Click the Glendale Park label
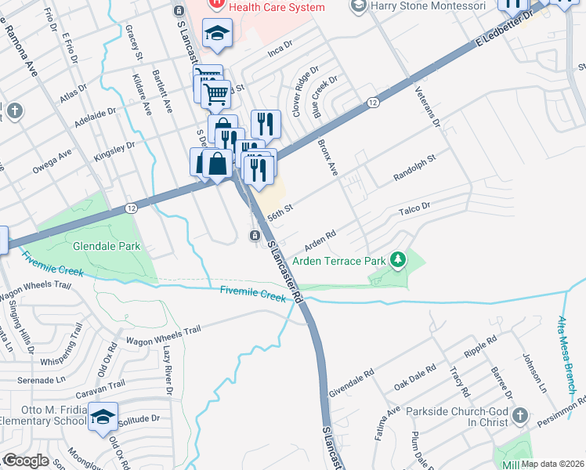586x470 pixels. click(x=107, y=246)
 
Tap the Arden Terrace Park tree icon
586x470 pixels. click(x=399, y=259)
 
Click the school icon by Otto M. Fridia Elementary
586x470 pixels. click(x=102, y=418)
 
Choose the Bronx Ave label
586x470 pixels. click(x=327, y=157)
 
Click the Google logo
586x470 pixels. click(x=26, y=460)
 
